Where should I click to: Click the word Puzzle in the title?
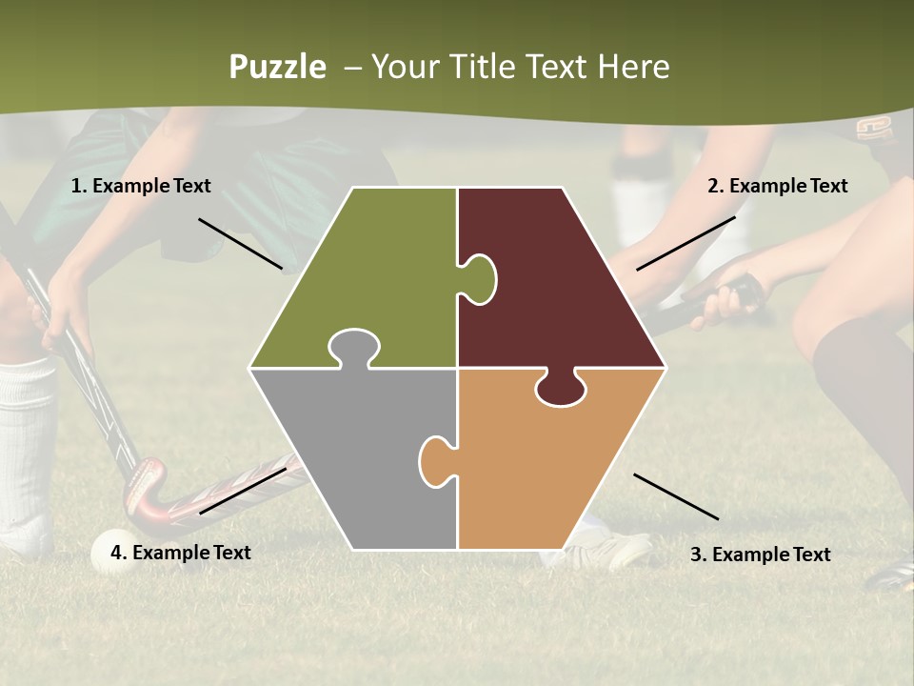pyautogui.click(x=277, y=67)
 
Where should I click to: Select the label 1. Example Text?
pyautogui.click(x=141, y=186)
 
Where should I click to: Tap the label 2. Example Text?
pyautogui.click(x=777, y=186)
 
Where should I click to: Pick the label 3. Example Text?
pyautogui.click(x=760, y=555)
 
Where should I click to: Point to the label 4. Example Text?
pyautogui.click(x=180, y=553)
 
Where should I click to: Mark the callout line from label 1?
pyautogui.click(x=240, y=244)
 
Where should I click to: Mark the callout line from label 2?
pyautogui.click(x=685, y=243)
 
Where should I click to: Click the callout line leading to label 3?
pyautogui.click(x=676, y=496)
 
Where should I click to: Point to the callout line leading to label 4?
pyautogui.click(x=243, y=490)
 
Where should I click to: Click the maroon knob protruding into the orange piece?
pyautogui.click(x=561, y=389)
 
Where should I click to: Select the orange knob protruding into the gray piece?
pyautogui.click(x=435, y=461)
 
